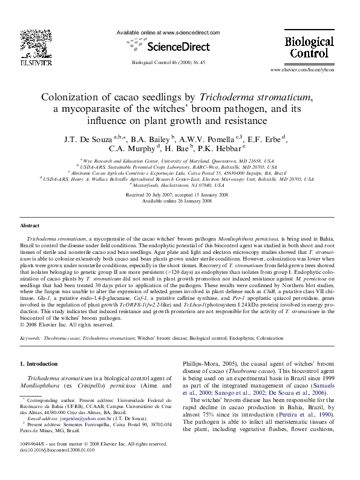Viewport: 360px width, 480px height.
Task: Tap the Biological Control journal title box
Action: [x=309, y=47]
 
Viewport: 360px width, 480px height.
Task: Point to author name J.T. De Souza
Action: [x=84, y=139]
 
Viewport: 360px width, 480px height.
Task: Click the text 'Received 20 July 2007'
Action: [x=151, y=195]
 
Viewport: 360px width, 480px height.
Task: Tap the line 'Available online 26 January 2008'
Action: [x=177, y=201]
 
